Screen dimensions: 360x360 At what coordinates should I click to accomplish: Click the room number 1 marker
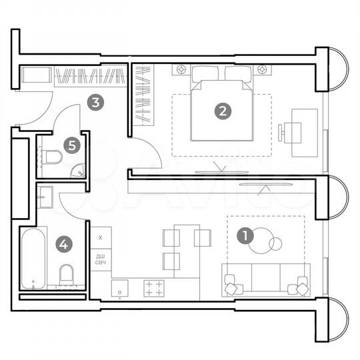click(x=246, y=235)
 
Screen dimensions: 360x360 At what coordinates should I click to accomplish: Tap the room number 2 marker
click(x=222, y=110)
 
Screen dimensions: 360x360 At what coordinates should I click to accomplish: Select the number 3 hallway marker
click(x=96, y=103)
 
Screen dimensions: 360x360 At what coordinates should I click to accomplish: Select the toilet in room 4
click(x=66, y=274)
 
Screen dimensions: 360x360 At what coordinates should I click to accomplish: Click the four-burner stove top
click(x=155, y=288)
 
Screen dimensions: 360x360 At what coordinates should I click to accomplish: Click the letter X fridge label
click(x=101, y=237)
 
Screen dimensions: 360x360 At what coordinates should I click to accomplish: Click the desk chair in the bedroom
click(x=284, y=132)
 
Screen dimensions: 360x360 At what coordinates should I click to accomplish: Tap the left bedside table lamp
click(x=181, y=69)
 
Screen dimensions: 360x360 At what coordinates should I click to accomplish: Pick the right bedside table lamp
click(x=262, y=69)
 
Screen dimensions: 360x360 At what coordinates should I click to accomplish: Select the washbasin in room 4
click(x=45, y=195)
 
